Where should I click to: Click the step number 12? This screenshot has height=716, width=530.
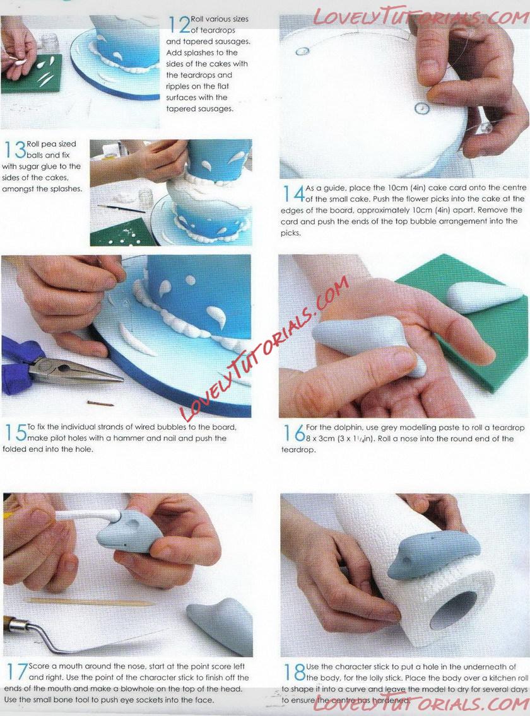coord(179,25)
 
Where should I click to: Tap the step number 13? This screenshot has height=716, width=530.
coord(15,150)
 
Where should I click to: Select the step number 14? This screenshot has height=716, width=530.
coord(293,193)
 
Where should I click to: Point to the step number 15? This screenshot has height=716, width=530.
coord(16,432)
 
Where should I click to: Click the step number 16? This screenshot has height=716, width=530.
coord(294,434)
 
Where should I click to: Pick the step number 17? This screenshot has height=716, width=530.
coord(17,672)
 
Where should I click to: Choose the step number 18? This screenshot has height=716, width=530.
coord(295,672)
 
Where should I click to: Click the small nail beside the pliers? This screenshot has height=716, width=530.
coord(100,403)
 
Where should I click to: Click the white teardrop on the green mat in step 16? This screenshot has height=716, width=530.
coord(480,296)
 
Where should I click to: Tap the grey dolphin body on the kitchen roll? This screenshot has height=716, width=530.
coord(432,555)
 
